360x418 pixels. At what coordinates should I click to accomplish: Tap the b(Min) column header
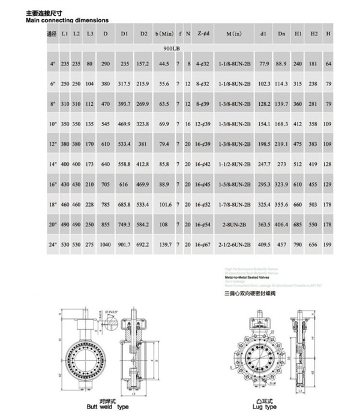coord(164,34)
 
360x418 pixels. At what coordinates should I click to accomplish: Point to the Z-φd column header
coord(203,34)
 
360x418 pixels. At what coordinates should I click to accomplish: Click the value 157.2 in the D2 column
coord(143,63)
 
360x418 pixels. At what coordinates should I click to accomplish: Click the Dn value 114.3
coord(281,83)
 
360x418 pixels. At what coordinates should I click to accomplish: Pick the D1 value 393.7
coord(124,103)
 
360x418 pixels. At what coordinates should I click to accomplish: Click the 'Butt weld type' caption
coord(105,406)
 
